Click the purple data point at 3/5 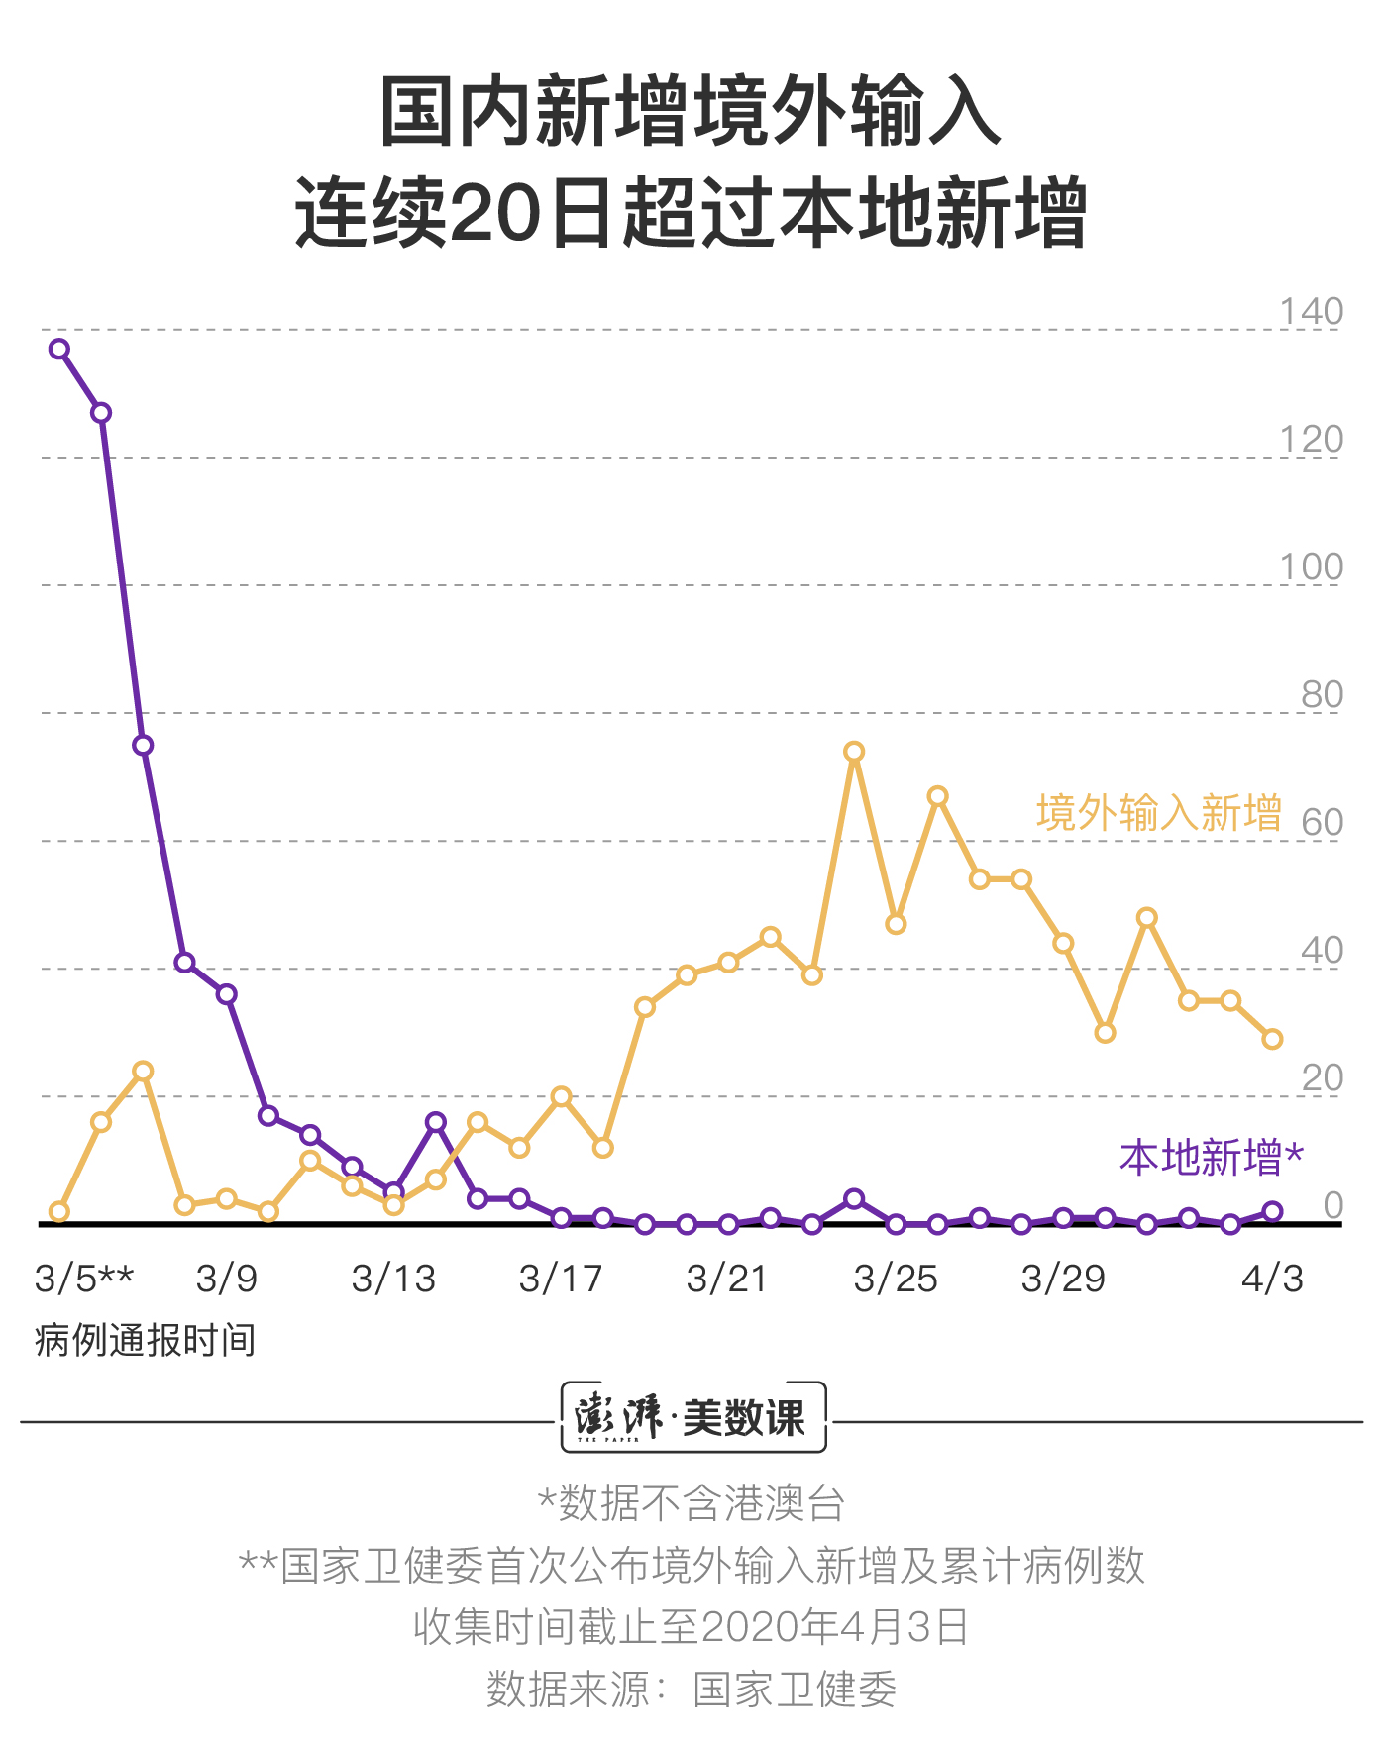click(59, 349)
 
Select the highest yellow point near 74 click(854, 752)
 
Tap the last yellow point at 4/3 click(1272, 1039)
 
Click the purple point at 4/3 click(1272, 1211)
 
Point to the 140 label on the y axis click(1311, 312)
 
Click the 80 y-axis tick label click(1322, 695)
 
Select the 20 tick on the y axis click(1322, 1078)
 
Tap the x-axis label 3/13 click(393, 1279)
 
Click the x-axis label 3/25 click(896, 1279)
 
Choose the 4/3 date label click(1272, 1279)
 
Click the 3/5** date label click(84, 1279)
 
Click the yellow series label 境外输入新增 click(1159, 813)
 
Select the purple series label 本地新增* click(1212, 1158)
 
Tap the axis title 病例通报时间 click(146, 1340)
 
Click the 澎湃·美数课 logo click(692, 1417)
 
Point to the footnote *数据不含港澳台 click(691, 1503)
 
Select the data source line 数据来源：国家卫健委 click(691, 1690)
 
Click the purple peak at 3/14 click(436, 1121)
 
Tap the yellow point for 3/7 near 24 click(143, 1071)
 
